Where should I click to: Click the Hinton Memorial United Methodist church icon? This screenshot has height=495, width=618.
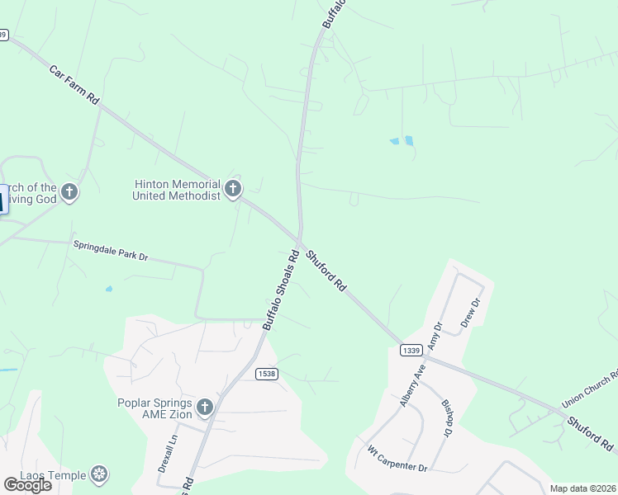(x=233, y=190)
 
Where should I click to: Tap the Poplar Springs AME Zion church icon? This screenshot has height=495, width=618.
(x=205, y=407)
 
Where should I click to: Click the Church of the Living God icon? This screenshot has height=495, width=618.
(x=69, y=192)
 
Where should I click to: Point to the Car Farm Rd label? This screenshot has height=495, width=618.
(x=74, y=86)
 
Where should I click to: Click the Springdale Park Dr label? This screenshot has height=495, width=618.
(x=110, y=251)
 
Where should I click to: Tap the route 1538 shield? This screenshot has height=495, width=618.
(x=266, y=374)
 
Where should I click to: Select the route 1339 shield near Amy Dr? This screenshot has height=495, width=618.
(x=411, y=351)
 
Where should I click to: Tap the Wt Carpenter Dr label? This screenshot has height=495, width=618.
(x=397, y=460)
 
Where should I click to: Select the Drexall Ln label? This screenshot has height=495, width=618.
(x=167, y=454)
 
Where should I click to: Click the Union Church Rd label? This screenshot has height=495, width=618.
(x=589, y=389)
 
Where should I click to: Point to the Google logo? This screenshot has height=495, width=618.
(x=27, y=485)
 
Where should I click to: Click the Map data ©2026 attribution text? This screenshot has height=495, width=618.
(x=583, y=488)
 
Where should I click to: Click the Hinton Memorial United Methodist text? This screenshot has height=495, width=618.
(x=177, y=190)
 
